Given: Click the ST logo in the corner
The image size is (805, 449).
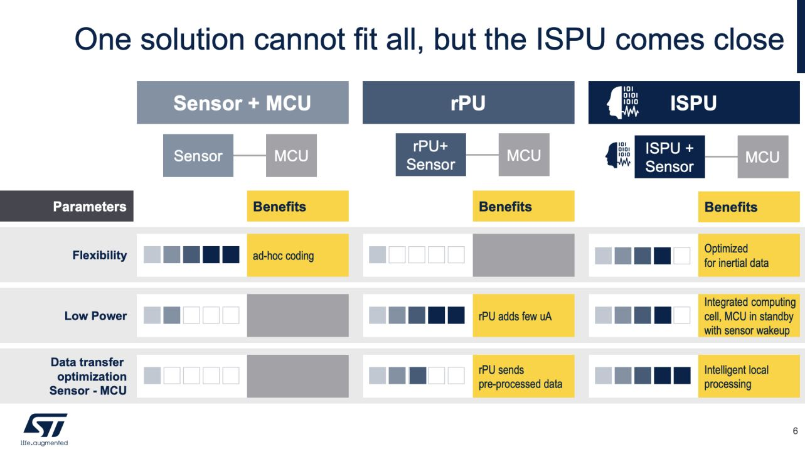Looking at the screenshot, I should [x=45, y=426].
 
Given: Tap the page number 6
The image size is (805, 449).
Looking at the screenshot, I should [x=795, y=431].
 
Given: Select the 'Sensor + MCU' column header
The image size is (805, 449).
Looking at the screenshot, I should [x=242, y=103].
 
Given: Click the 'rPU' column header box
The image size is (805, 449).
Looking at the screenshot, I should [x=468, y=103].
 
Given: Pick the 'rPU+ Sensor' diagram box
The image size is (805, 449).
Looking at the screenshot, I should [x=430, y=155].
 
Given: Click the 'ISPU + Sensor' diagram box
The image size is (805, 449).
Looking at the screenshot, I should [x=669, y=157].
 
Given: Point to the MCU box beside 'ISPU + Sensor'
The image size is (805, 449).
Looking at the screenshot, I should [x=762, y=157].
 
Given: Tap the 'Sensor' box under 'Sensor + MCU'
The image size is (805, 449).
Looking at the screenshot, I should [x=198, y=156].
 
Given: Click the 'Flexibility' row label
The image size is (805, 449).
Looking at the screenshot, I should [x=99, y=255].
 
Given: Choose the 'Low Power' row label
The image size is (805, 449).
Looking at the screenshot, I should [x=95, y=316].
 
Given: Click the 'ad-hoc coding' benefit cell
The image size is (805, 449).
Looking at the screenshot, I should [x=297, y=256].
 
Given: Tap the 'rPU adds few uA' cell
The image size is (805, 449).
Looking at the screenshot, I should [x=523, y=316].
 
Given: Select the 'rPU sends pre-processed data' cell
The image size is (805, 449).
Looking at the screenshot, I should [x=523, y=377].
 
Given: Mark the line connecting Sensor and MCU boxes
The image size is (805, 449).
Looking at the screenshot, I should [x=250, y=156].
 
